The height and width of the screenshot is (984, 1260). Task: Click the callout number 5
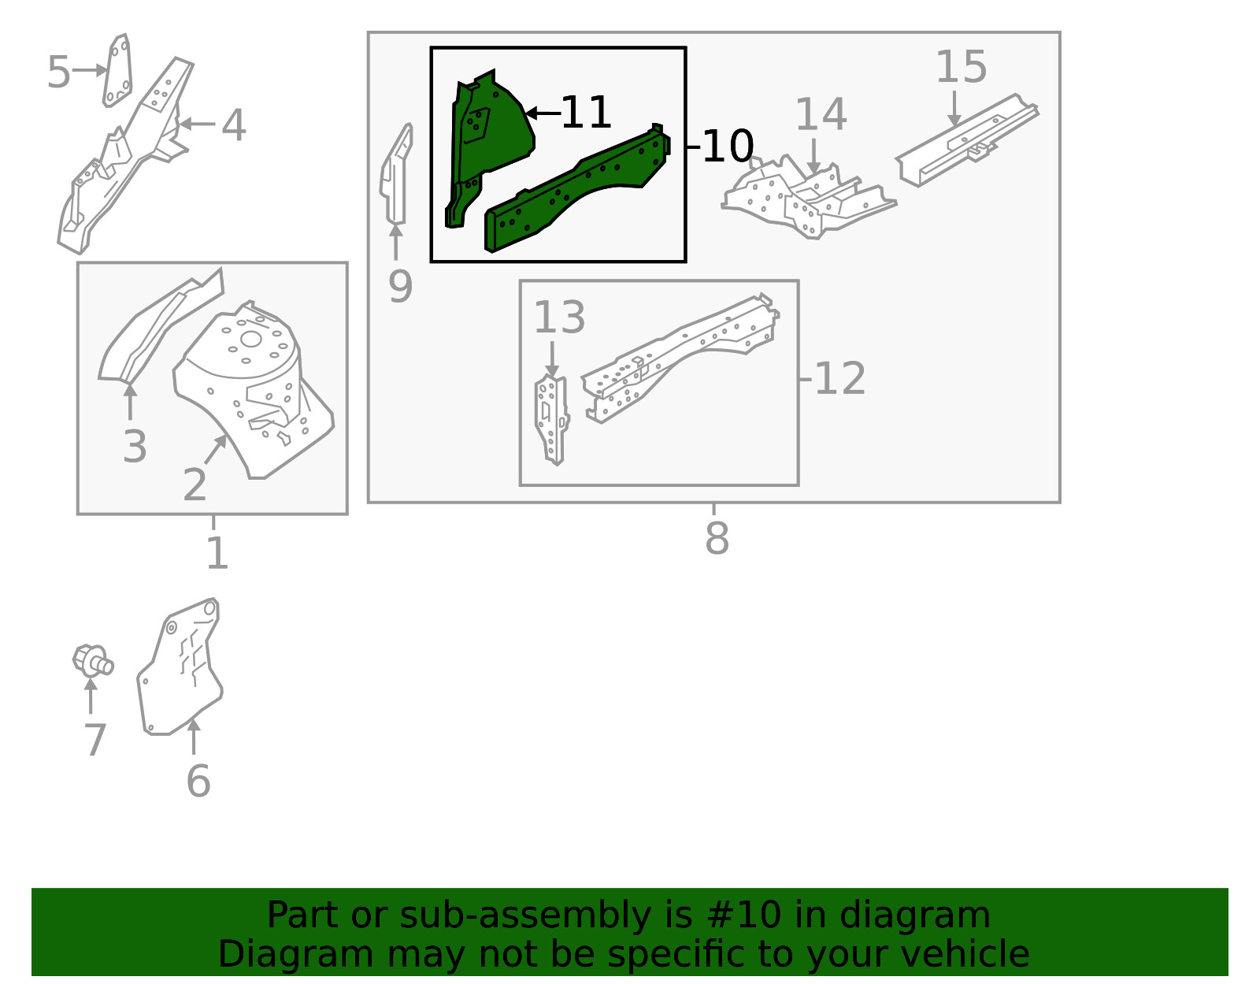[x=58, y=72]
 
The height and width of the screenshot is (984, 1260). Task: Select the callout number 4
[x=233, y=125]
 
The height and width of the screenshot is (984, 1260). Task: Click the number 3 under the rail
[x=135, y=447]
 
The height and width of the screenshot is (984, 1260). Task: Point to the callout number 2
[x=195, y=485]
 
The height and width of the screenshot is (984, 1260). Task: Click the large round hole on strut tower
[x=250, y=340]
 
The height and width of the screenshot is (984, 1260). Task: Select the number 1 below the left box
[x=217, y=553]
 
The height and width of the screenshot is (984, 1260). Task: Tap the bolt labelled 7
[x=92, y=660]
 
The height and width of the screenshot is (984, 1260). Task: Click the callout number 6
[x=198, y=782]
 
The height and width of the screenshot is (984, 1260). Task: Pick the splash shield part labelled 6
[x=180, y=670]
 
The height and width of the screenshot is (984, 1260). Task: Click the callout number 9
[x=400, y=287]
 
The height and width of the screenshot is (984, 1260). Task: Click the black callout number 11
[x=586, y=113]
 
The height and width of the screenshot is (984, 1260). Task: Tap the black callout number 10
[x=728, y=147]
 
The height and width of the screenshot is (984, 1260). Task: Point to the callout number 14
[x=821, y=115]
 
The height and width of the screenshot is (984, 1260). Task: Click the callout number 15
[x=961, y=67]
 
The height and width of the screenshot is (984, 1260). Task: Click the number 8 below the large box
[x=717, y=540]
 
